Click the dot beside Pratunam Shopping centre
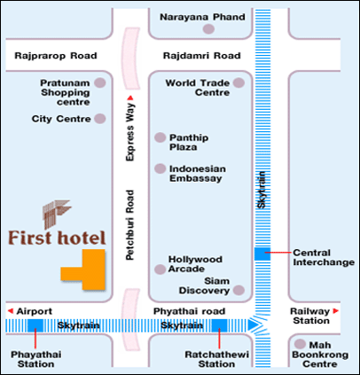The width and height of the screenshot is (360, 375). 100,82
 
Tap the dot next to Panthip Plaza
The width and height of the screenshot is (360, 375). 160,137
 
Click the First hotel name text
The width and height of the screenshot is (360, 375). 56,238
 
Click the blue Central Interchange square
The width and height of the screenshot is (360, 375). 261,254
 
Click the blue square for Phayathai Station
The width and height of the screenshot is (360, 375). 35,325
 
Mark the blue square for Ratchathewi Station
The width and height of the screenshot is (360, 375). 218,325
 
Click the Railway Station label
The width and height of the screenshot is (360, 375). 312,316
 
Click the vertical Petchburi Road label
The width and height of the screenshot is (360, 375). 129,227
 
